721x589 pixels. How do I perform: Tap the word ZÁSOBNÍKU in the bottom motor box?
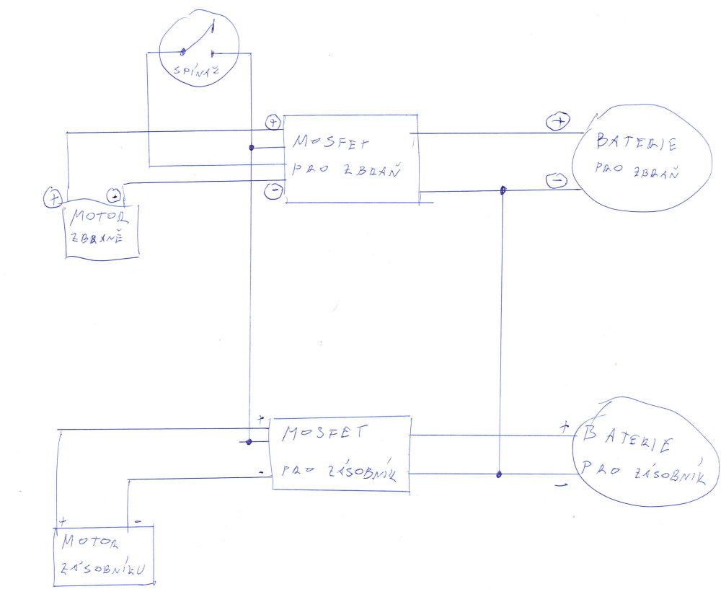pos(105,567)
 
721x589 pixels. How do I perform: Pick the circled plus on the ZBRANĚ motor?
pos(53,195)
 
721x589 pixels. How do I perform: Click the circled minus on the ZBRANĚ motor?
pos(114,195)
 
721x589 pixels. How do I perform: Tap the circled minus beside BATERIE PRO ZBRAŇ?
pos(556,181)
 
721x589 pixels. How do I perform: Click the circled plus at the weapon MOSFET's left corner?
pos(273,122)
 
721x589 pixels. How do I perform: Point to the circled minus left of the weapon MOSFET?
pos(273,190)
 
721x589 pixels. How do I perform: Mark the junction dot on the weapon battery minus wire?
pos(503,191)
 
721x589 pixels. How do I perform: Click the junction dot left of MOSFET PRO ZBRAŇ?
pos(251,148)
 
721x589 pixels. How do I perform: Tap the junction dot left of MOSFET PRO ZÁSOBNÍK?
pos(249,441)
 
